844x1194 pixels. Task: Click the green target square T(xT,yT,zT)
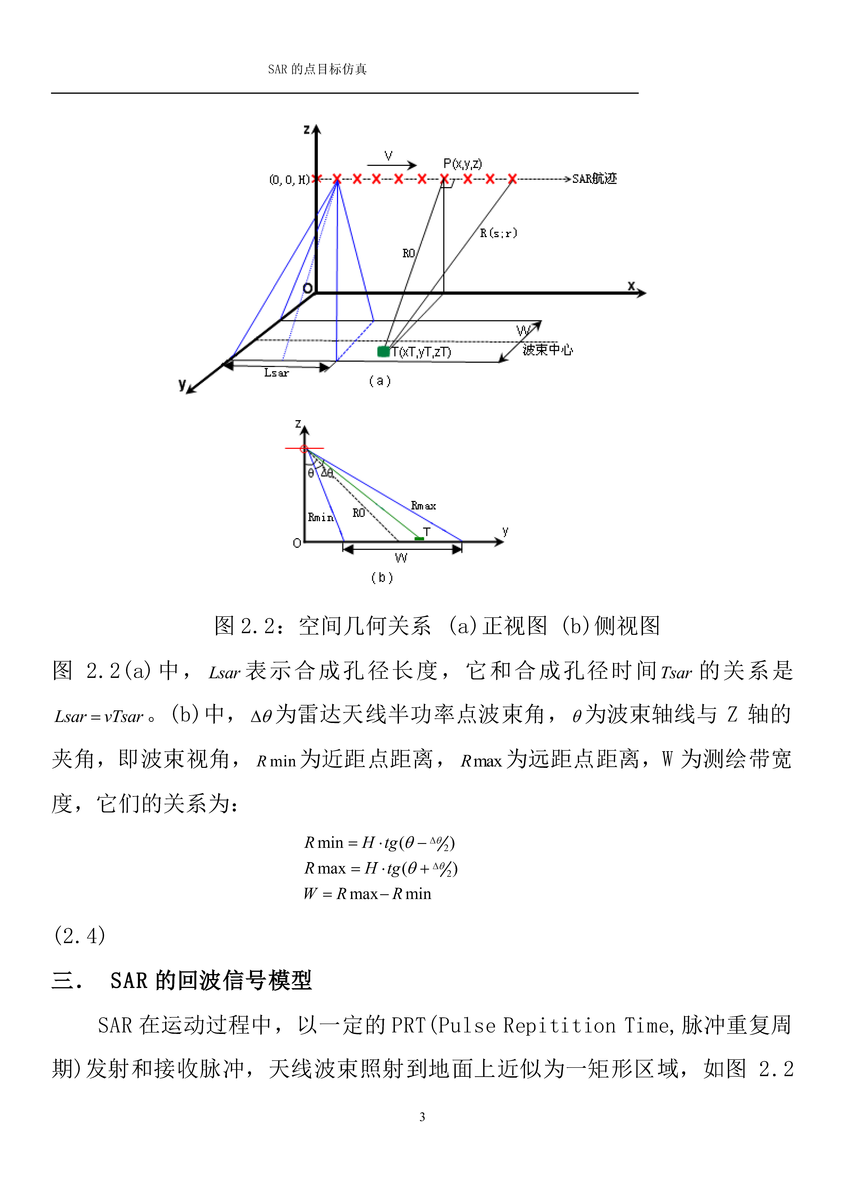tap(383, 352)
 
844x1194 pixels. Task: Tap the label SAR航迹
tap(594, 179)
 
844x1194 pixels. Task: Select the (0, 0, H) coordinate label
tap(289, 180)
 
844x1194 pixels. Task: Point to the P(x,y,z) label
tap(462, 164)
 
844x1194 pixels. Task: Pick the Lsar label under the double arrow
tap(276, 373)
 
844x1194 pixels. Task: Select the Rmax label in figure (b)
tap(423, 505)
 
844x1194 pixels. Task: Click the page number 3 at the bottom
tap(422, 1116)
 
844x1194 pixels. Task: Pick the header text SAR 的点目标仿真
tap(317, 69)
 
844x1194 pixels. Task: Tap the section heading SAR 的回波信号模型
tap(211, 981)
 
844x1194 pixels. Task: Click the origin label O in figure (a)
tap(308, 288)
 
